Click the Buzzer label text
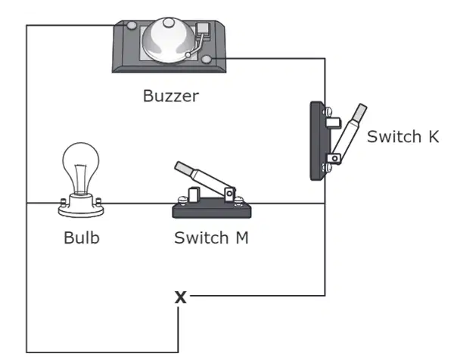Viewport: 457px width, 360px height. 171,96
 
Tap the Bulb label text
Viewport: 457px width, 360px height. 82,237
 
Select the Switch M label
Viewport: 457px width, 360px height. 211,237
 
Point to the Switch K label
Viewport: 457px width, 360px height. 403,136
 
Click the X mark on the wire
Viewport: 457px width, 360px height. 181,297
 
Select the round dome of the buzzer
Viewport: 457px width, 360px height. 169,41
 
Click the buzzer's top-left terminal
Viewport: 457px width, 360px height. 132,26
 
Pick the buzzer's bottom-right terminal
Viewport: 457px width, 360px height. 207,59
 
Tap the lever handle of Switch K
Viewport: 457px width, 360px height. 350,131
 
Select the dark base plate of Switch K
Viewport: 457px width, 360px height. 317,141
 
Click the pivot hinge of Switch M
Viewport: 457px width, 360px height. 230,194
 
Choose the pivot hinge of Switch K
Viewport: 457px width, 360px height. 334,159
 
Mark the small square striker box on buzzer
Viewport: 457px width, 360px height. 203,29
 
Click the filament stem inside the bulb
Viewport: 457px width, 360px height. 80,179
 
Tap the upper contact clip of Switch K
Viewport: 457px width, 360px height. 334,123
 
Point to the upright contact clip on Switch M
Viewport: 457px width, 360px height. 194,195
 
